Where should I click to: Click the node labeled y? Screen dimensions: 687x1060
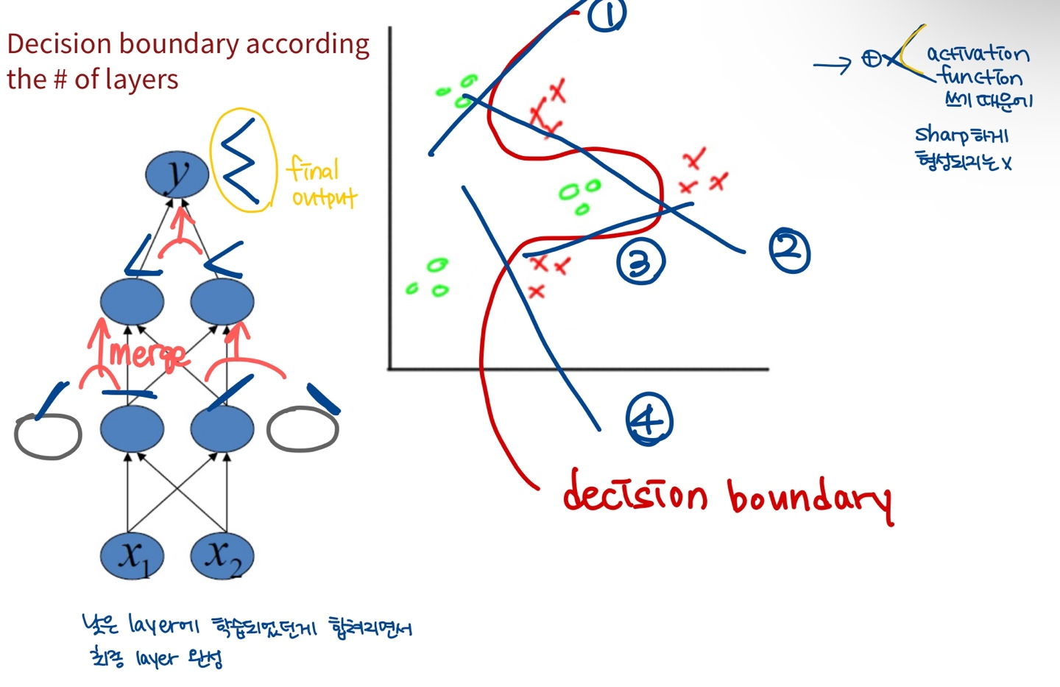click(177, 175)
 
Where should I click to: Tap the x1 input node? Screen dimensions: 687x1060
click(132, 556)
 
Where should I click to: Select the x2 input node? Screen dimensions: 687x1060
click(222, 556)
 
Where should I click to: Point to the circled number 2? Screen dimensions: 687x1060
click(789, 250)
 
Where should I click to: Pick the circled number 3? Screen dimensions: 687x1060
click(640, 262)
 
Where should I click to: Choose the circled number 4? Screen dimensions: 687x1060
click(649, 420)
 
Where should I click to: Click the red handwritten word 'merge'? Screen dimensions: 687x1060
click(147, 355)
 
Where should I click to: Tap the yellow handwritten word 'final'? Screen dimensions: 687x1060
click(313, 169)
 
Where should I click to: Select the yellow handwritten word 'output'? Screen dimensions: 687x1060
click(324, 197)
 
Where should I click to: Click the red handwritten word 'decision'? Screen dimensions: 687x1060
click(635, 493)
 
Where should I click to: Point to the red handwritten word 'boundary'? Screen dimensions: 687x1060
click(810, 498)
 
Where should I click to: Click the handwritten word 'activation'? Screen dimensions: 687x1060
click(978, 54)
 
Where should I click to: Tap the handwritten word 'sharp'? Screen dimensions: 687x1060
click(941, 135)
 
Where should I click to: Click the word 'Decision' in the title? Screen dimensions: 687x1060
click(60, 44)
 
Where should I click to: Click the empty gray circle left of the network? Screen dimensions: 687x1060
click(48, 436)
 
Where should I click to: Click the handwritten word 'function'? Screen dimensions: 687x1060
click(981, 77)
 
